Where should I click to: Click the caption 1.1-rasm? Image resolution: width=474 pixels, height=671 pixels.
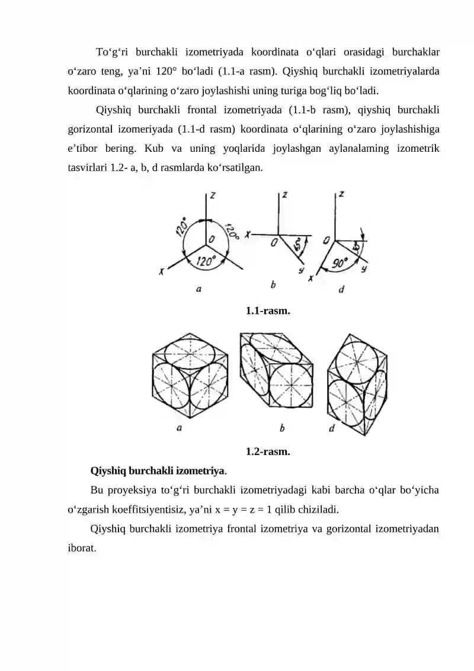point(267,310)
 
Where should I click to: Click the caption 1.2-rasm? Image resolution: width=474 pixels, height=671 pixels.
point(267,451)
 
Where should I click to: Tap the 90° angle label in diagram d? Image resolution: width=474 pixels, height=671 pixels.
point(340,263)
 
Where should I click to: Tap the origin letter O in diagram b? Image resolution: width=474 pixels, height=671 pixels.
point(274,243)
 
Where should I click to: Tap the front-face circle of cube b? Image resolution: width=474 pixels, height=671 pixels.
point(292,385)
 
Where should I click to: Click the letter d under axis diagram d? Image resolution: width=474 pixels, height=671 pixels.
point(341,290)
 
